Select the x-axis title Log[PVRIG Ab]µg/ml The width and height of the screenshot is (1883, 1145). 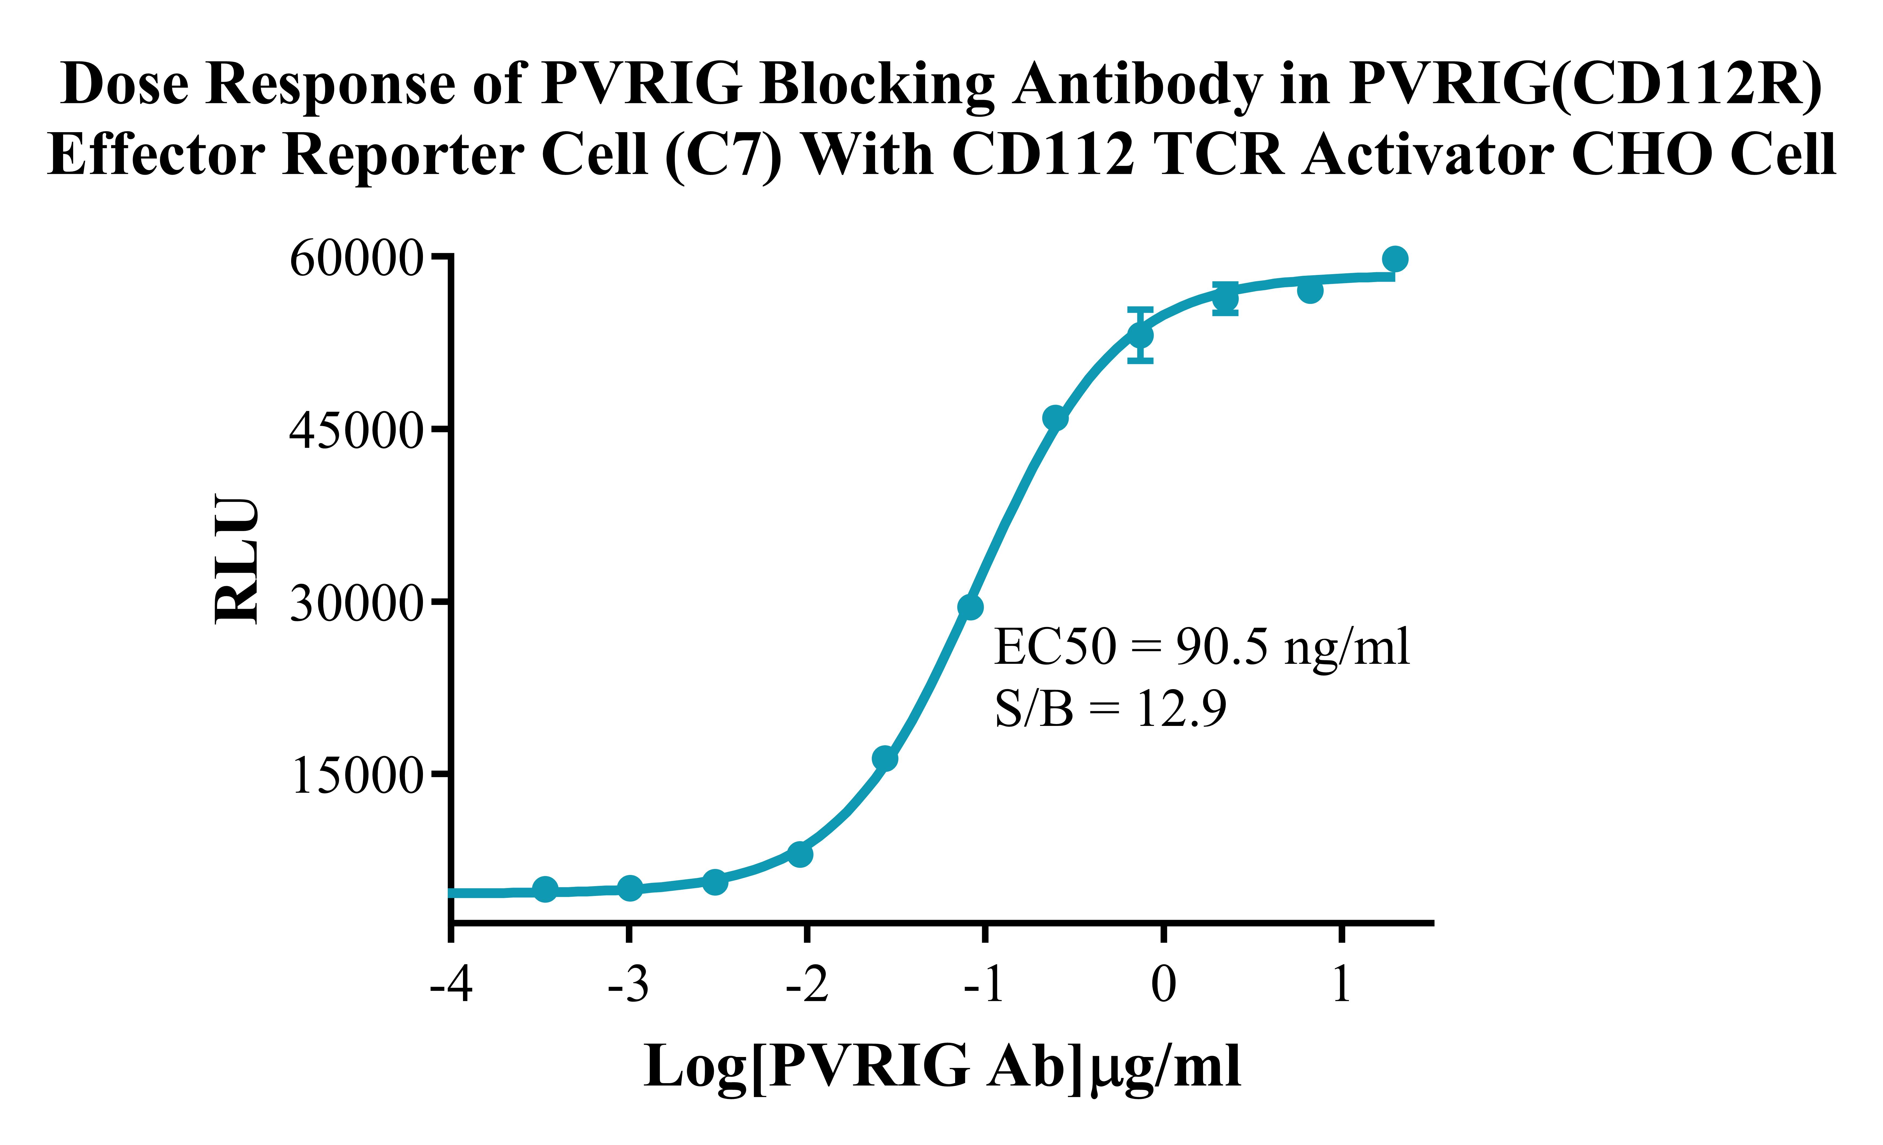click(942, 1066)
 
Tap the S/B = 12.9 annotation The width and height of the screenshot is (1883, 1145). click(1110, 708)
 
